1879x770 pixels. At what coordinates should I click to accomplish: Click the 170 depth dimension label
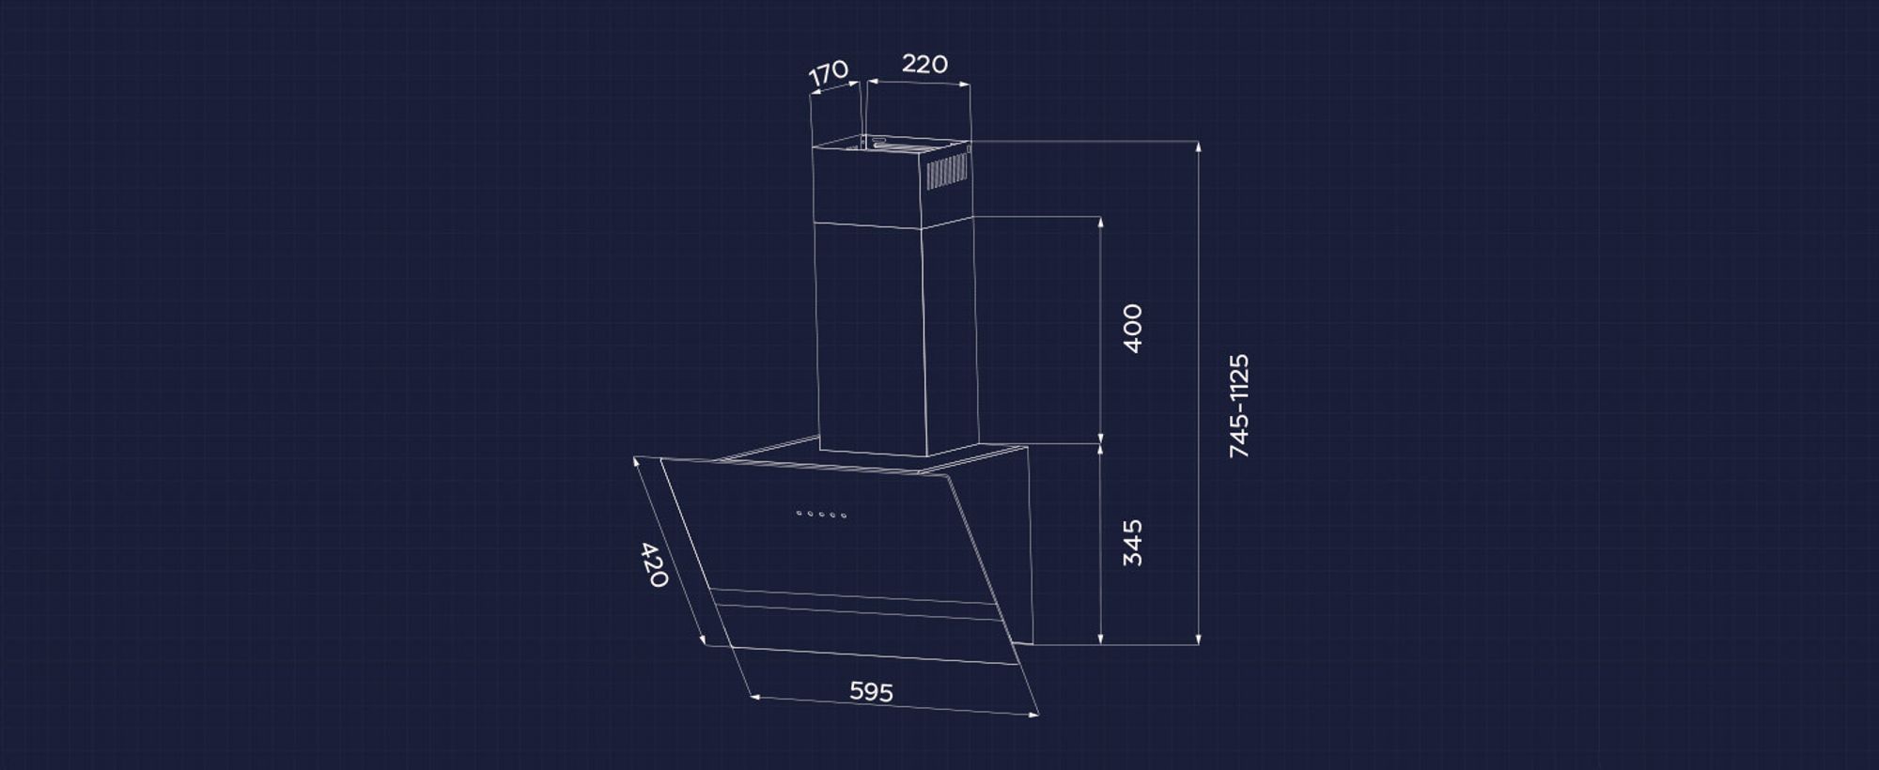[x=829, y=73]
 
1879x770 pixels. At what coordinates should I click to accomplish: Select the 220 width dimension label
[x=924, y=64]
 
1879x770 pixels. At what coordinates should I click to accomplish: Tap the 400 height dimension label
[x=1133, y=328]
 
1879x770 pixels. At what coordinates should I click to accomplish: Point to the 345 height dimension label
[x=1133, y=543]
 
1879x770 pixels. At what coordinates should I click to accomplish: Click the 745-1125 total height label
[x=1240, y=406]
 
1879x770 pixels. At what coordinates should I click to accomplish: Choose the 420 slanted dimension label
[x=653, y=564]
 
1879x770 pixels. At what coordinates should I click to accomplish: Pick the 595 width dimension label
[x=871, y=692]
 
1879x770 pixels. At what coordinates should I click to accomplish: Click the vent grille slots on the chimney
[x=947, y=171]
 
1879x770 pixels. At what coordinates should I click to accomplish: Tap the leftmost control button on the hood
[x=799, y=513]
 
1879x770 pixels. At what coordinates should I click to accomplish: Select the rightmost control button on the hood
[x=844, y=516]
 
